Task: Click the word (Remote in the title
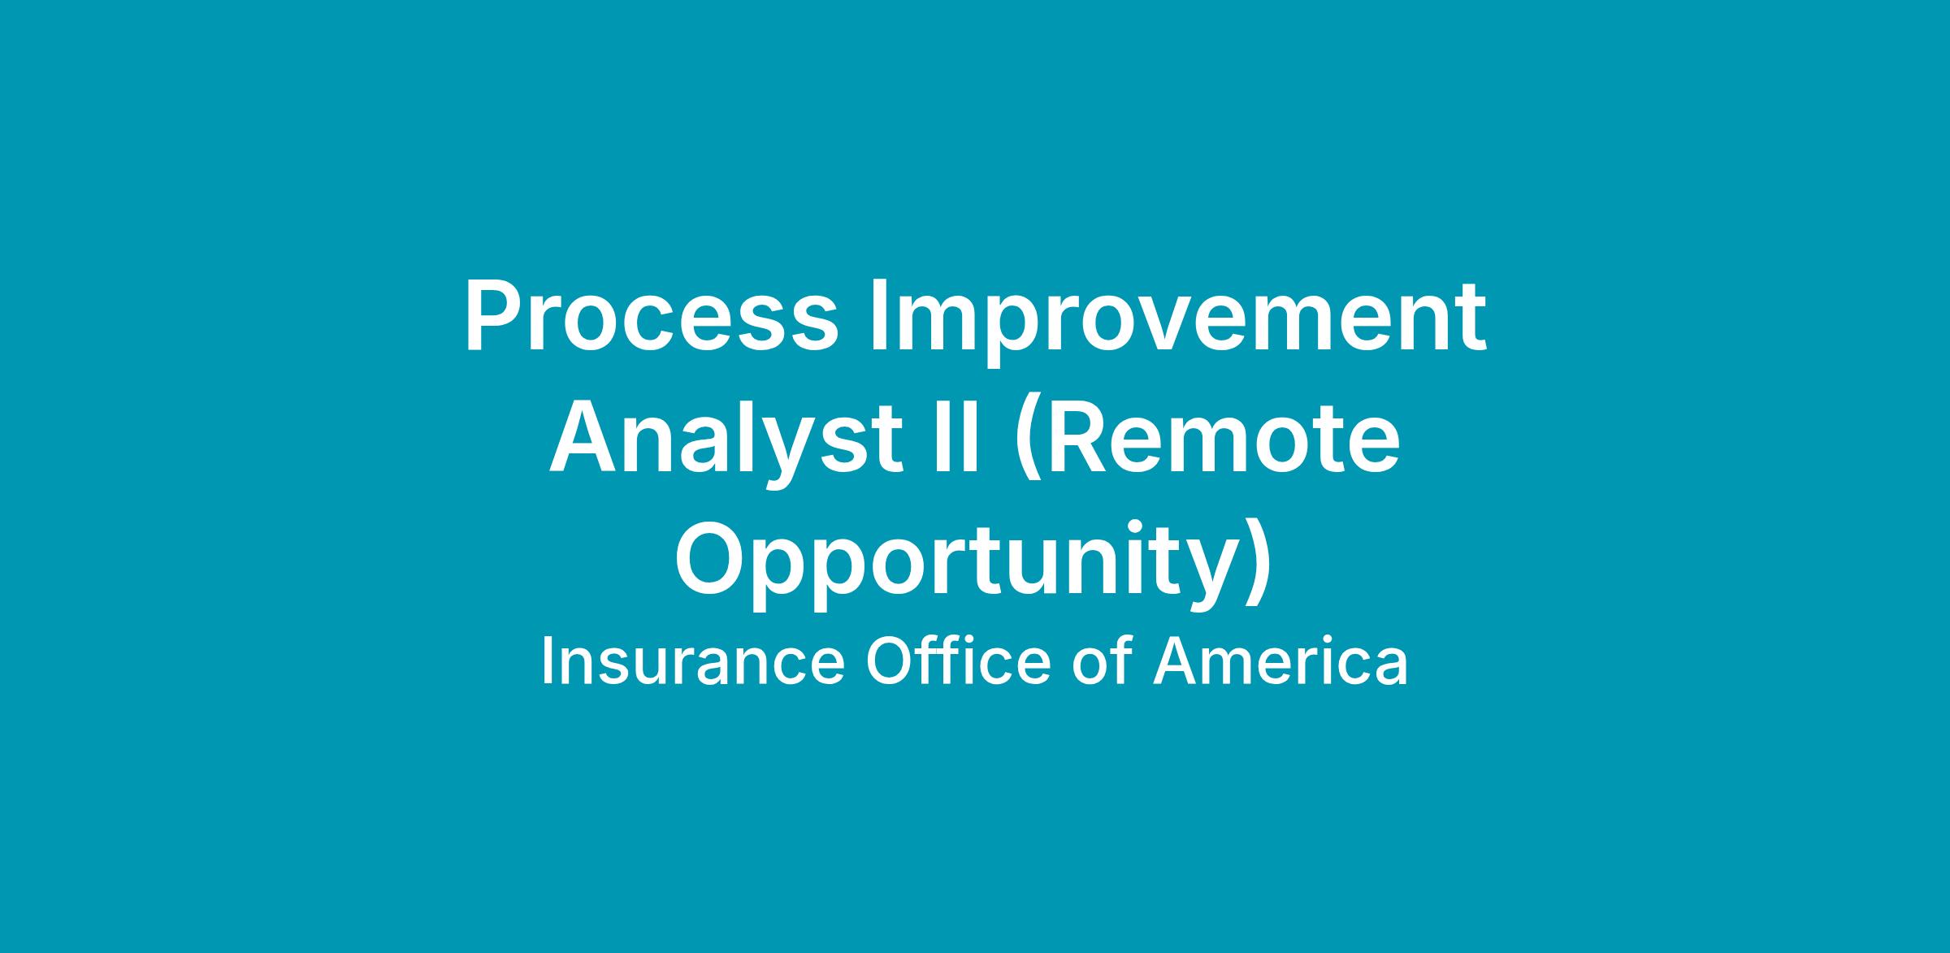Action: pos(1207,444)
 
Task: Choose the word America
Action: pos(1280,661)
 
